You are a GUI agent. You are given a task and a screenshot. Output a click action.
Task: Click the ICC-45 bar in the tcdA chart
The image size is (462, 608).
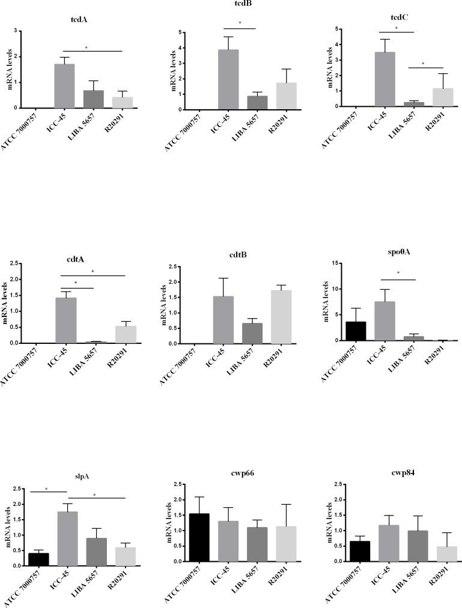click(x=64, y=86)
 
